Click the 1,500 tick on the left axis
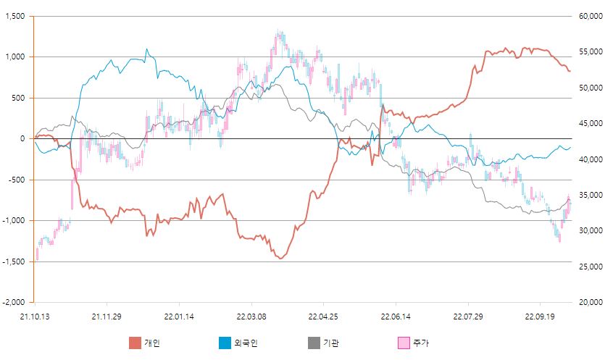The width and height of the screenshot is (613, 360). pyautogui.click(x=15, y=16)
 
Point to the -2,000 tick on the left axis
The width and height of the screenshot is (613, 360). pyautogui.click(x=13, y=302)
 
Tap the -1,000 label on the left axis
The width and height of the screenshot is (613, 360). pyautogui.click(x=13, y=220)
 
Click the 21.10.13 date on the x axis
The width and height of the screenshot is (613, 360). pyautogui.click(x=33, y=317)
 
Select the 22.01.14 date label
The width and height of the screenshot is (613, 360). pyautogui.click(x=178, y=317)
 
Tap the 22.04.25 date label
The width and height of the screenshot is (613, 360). pyautogui.click(x=323, y=317)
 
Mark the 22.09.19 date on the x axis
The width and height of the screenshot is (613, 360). pyautogui.click(x=540, y=317)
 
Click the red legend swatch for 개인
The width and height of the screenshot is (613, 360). pyautogui.click(x=135, y=343)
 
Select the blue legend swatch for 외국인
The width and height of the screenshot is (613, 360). pyautogui.click(x=225, y=343)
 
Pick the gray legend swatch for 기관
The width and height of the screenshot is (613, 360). pyautogui.click(x=315, y=343)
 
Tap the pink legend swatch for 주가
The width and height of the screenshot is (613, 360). pyautogui.click(x=405, y=343)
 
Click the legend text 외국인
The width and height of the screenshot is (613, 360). pyautogui.click(x=246, y=343)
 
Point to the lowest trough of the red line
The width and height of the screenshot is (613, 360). pyautogui.click(x=280, y=259)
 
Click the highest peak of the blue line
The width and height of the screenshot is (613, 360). pyautogui.click(x=147, y=49)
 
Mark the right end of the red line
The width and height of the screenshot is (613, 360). pyautogui.click(x=570, y=71)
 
